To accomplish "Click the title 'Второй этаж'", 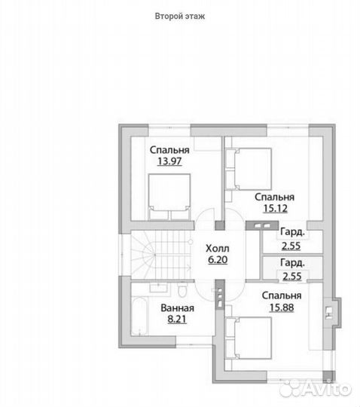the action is [x=180, y=16].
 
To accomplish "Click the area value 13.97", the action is [x=169, y=161].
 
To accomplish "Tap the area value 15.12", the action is [x=275, y=208].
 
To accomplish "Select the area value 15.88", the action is [x=282, y=308].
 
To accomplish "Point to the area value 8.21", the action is [x=177, y=319].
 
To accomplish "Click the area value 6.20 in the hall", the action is [x=218, y=259].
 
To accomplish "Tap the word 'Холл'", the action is [x=218, y=249].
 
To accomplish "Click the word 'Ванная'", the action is [x=178, y=308].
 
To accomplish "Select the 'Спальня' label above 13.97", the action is [x=169, y=150].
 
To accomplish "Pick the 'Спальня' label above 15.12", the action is [x=275, y=197].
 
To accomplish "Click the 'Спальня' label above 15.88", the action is [x=282, y=295].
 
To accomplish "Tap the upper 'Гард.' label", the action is [x=292, y=232].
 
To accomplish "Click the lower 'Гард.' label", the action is [x=292, y=263].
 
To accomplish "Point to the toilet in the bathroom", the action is [x=182, y=290].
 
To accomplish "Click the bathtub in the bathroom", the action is [x=140, y=317].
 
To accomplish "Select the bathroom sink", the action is [x=159, y=288].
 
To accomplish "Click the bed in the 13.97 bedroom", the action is [x=169, y=197].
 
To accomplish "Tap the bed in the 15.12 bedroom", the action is [x=249, y=169].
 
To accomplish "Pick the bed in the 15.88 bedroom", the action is [x=249, y=338].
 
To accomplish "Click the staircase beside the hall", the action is [x=161, y=256].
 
